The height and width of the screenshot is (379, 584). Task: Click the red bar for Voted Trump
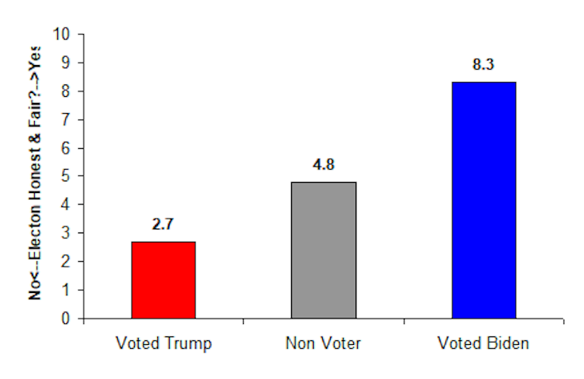[163, 280]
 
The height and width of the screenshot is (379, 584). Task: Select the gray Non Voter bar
[324, 250]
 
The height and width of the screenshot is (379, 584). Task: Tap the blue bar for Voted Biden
[484, 200]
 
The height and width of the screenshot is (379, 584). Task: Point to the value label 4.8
[324, 167]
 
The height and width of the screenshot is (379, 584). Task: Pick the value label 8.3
[484, 66]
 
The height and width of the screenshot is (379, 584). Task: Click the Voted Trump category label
[163, 343]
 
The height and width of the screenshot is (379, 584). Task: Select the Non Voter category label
[324, 343]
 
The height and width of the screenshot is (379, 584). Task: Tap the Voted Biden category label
[484, 343]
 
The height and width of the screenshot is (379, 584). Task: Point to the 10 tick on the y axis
[61, 34]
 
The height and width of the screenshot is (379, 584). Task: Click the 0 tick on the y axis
[66, 319]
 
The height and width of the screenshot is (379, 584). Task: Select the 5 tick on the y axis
[66, 176]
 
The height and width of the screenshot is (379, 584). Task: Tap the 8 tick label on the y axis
[66, 91]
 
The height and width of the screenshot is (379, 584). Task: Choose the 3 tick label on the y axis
[66, 233]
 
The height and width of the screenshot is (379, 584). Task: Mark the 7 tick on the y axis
[66, 119]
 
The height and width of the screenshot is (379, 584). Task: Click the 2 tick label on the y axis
[66, 262]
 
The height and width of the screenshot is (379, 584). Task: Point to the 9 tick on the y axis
[66, 62]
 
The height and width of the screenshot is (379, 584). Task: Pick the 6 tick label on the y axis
[66, 148]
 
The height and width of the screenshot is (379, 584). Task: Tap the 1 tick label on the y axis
[66, 290]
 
